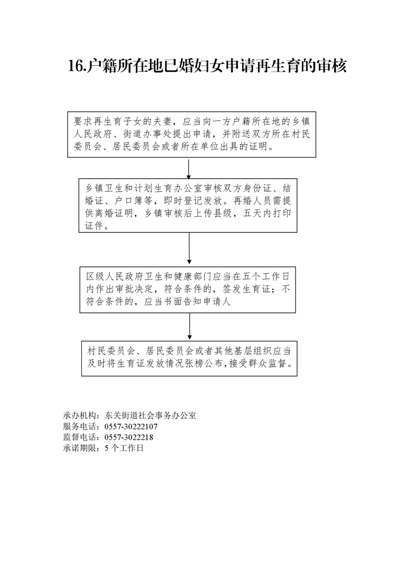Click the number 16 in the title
(x=77, y=66)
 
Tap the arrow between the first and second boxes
(x=188, y=168)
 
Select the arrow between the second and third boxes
(x=189, y=249)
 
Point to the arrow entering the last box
(x=189, y=327)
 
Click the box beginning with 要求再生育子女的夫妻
(x=192, y=134)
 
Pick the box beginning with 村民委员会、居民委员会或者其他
(x=189, y=358)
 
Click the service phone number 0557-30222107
(x=131, y=427)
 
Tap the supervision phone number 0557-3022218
(x=129, y=437)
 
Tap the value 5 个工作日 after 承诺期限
(x=124, y=448)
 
